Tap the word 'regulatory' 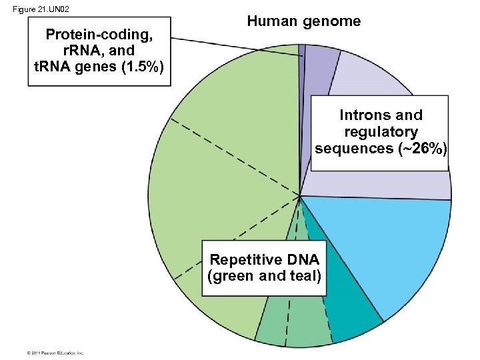click(x=381, y=131)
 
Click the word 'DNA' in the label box click(x=301, y=259)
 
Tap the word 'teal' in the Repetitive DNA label click(x=306, y=275)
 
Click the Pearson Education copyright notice click(x=55, y=352)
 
